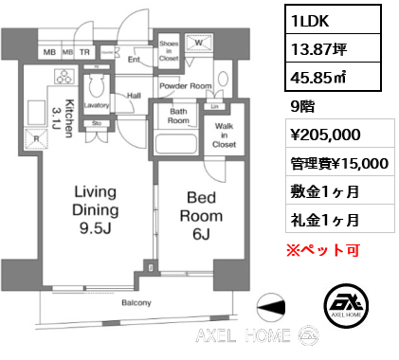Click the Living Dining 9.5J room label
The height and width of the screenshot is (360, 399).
pyautogui.click(x=96, y=210)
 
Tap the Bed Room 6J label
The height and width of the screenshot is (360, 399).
pyautogui.click(x=201, y=216)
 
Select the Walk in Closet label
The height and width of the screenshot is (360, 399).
pyautogui.click(x=224, y=135)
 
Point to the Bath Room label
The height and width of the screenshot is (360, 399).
pyautogui.click(x=178, y=116)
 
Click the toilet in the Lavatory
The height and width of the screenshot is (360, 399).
pyautogui.click(x=97, y=87)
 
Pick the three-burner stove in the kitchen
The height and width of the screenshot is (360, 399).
pyautogui.click(x=64, y=77)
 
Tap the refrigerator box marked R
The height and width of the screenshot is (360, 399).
pyautogui.click(x=36, y=138)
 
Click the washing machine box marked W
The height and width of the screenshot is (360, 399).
pyautogui.click(x=198, y=43)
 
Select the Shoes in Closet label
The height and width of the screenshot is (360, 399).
pyautogui.click(x=169, y=51)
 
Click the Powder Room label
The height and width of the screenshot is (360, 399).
pyautogui.click(x=186, y=86)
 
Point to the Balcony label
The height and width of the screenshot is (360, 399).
pyautogui.click(x=136, y=303)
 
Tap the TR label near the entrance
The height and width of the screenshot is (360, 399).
pyautogui.click(x=84, y=52)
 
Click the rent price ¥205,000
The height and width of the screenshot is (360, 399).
pyautogui.click(x=325, y=135)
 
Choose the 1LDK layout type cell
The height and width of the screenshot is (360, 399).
pyautogui.click(x=333, y=20)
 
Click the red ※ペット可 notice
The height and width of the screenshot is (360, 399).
pyautogui.click(x=323, y=250)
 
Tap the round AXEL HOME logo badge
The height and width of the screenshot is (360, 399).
pyautogui.click(x=346, y=305)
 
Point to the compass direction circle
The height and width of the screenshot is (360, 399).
pyautogui.click(x=271, y=307)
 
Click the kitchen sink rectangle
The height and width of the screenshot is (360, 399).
pyautogui.click(x=36, y=113)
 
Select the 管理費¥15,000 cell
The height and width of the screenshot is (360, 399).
pyautogui.click(x=340, y=164)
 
